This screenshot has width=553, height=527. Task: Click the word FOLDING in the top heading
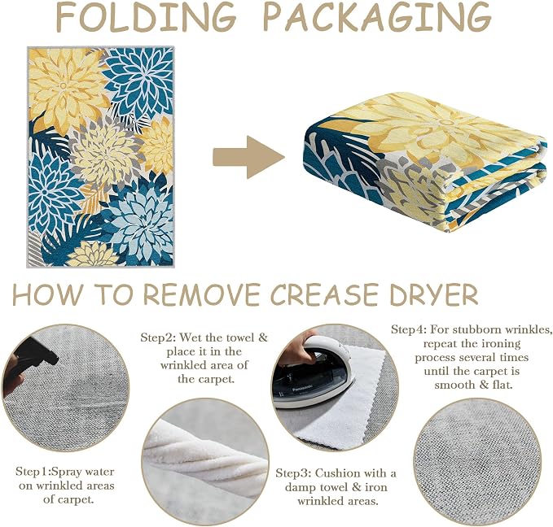[146, 16]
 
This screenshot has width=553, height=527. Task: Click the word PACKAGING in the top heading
[377, 16]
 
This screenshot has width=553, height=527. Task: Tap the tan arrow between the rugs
[248, 157]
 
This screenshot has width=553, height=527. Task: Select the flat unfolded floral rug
[100, 157]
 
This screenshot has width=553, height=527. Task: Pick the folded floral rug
[425, 163]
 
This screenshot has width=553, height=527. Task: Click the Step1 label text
[65, 486]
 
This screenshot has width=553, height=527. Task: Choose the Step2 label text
[204, 359]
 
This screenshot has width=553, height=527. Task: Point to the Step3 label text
[336, 487]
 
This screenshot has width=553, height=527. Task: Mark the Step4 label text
[472, 357]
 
